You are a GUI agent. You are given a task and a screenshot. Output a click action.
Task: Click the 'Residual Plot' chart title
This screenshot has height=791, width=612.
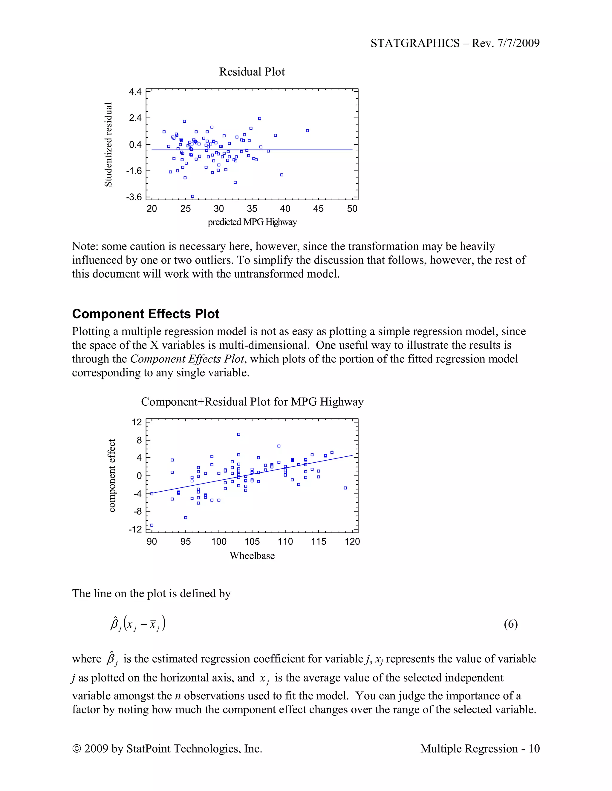tap(252, 72)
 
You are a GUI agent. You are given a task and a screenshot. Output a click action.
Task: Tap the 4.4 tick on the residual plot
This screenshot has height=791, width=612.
tap(135, 92)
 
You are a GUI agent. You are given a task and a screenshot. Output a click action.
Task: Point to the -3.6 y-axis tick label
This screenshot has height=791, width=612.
tap(134, 197)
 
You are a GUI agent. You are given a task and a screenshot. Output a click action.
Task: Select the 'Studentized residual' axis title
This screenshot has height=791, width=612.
tap(108, 144)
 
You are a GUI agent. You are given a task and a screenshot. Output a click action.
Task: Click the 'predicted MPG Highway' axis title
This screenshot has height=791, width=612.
tap(252, 222)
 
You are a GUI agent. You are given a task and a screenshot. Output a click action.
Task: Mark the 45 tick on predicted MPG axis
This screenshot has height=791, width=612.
tap(318, 209)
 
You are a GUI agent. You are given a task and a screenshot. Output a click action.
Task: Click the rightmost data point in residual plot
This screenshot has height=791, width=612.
tap(307, 131)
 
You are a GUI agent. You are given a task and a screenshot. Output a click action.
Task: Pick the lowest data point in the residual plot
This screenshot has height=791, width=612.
tap(192, 197)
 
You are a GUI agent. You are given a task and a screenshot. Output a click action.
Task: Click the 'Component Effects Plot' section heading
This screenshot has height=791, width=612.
tap(146, 314)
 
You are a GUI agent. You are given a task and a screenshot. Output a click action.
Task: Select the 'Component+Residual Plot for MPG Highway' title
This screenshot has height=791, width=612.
tap(252, 402)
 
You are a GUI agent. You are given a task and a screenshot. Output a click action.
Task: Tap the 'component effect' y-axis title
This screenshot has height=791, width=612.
tap(112, 475)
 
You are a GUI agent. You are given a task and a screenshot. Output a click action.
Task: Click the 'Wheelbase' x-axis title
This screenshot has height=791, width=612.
tap(252, 555)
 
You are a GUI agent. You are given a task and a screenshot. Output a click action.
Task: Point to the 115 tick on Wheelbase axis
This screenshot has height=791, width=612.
tap(318, 541)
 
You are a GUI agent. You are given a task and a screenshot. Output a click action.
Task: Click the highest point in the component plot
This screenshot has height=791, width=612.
tap(238, 434)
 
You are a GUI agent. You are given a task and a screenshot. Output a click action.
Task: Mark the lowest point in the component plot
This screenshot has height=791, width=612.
tap(152, 525)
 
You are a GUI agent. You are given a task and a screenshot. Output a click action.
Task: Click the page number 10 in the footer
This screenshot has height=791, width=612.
tap(534, 749)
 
